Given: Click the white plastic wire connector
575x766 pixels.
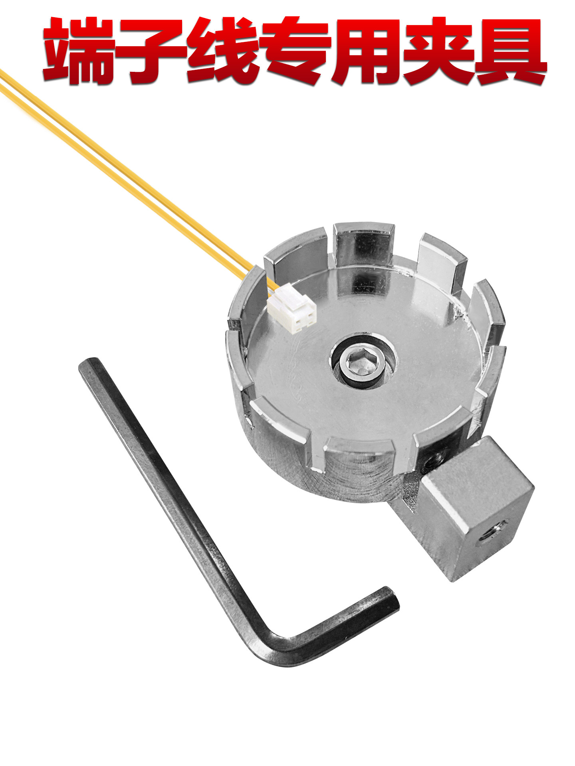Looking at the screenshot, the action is [x=291, y=308].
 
